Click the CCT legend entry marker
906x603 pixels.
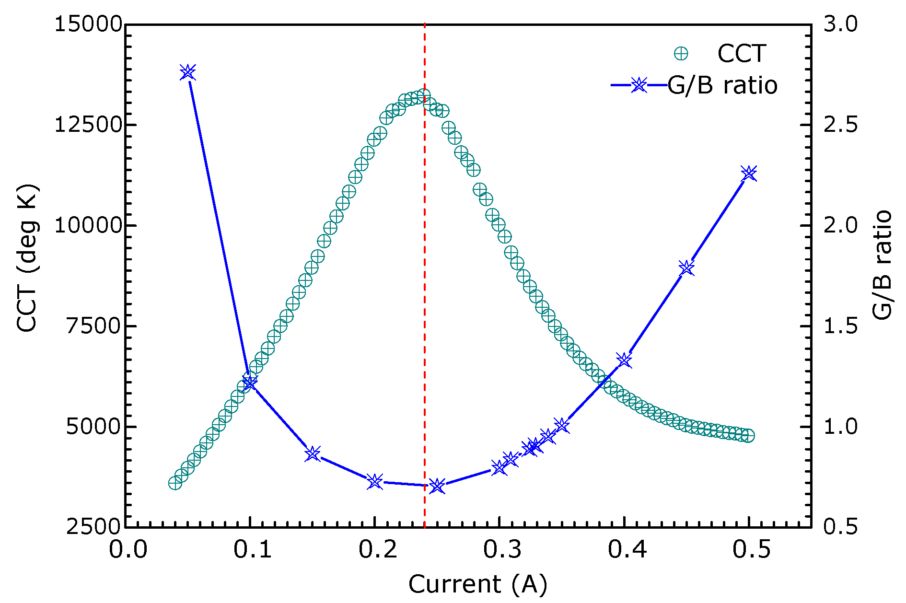pos(681,54)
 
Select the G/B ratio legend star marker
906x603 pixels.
pos(639,86)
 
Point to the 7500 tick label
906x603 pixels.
pos(94,326)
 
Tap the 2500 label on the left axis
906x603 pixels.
pos(94,527)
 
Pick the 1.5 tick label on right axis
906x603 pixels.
pos(840,326)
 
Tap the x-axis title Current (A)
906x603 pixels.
pos(477,584)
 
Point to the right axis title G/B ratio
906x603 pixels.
pos(882,265)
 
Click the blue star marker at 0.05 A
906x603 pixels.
pos(188,72)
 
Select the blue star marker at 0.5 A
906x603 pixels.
pos(749,174)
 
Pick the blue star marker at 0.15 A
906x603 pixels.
pos(313,453)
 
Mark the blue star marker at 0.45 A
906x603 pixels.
pos(687,268)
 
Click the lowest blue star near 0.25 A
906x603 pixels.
pos(437,486)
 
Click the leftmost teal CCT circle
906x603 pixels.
pos(175,483)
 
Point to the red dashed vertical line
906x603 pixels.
pos(425,288)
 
